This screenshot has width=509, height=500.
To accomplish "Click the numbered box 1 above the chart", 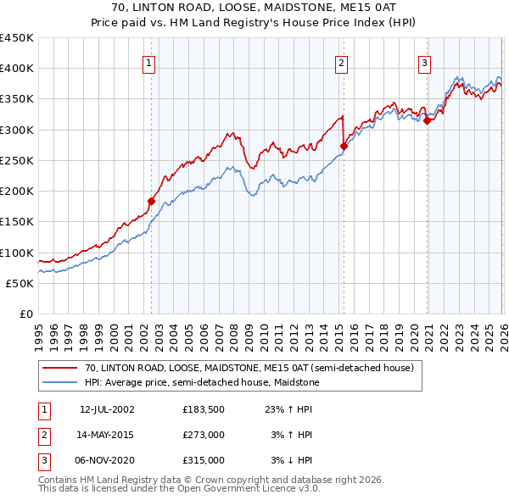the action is [148, 64].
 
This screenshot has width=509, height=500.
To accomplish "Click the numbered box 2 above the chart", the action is [341, 64].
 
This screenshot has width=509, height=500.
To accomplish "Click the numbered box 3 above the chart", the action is [424, 64].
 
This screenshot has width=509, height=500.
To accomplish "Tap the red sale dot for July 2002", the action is [151, 202].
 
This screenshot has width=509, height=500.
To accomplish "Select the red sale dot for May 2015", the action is [344, 147].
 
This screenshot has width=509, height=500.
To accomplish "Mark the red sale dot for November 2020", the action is [427, 121].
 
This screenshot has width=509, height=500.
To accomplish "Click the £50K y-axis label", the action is [20, 284].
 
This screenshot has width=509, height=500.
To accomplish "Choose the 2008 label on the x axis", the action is [233, 338].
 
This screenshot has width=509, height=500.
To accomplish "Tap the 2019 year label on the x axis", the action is [399, 338].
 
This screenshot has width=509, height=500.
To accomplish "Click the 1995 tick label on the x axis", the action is [39, 338].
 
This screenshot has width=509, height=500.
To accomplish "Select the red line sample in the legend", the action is [59, 368].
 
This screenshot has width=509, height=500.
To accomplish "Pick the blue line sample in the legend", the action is [59, 382].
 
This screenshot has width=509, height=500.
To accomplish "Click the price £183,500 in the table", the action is [204, 409].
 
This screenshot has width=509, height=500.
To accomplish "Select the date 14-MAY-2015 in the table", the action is [105, 435].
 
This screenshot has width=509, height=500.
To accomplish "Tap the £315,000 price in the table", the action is [204, 460].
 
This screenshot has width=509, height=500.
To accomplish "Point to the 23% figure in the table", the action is [274, 409].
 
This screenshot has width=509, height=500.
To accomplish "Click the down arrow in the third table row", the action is [290, 460].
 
